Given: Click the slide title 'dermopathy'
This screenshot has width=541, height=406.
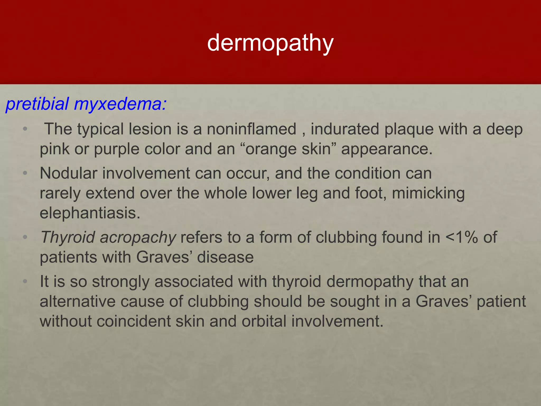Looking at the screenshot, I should click(270, 43).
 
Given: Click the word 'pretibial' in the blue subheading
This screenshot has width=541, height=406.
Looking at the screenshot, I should click(37, 104).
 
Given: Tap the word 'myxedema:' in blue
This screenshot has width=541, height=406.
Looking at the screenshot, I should click(120, 104).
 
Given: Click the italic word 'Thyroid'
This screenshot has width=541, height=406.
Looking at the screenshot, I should click(68, 237).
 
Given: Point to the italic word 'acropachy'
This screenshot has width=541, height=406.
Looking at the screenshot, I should click(138, 237).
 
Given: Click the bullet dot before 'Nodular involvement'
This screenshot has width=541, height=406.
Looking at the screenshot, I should click(25, 173).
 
